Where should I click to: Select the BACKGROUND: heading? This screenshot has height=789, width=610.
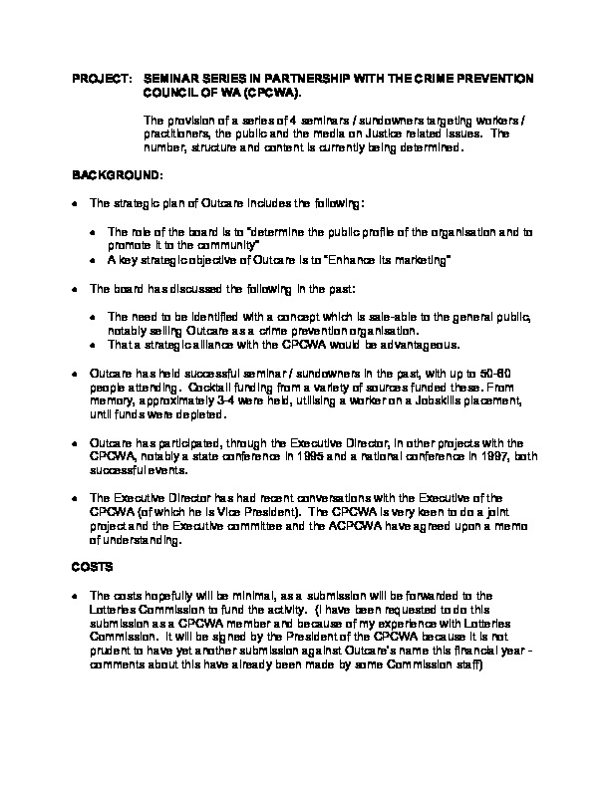(x=116, y=174)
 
